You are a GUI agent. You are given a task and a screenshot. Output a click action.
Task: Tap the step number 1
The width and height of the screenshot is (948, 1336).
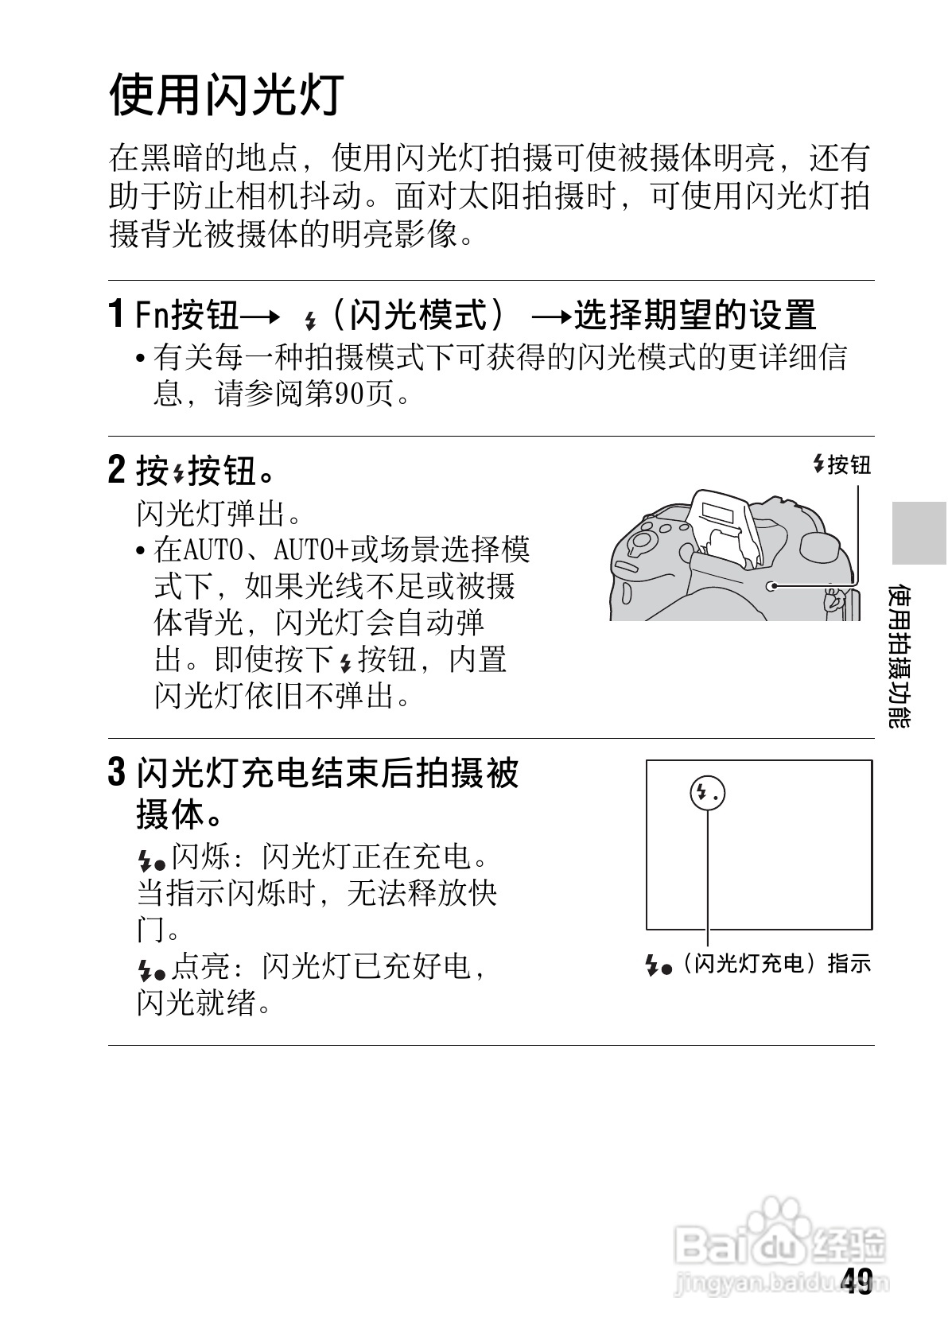pos(116,314)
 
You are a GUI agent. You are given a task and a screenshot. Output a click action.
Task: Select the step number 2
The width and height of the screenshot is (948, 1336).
pos(116,470)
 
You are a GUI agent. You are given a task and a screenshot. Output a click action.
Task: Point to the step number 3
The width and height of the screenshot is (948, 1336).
pos(116,772)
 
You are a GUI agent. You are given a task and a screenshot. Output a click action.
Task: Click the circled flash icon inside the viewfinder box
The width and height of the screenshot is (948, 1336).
pos(707,793)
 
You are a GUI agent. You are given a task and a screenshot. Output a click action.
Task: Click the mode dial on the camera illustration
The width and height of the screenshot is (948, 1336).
pos(641,544)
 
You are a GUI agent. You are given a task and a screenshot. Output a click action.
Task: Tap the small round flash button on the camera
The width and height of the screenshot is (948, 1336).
pos(771,587)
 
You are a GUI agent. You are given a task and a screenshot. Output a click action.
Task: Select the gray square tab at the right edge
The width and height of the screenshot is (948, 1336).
pos(918,533)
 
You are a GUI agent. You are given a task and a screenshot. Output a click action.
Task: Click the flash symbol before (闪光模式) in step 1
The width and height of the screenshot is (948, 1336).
pos(310,320)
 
